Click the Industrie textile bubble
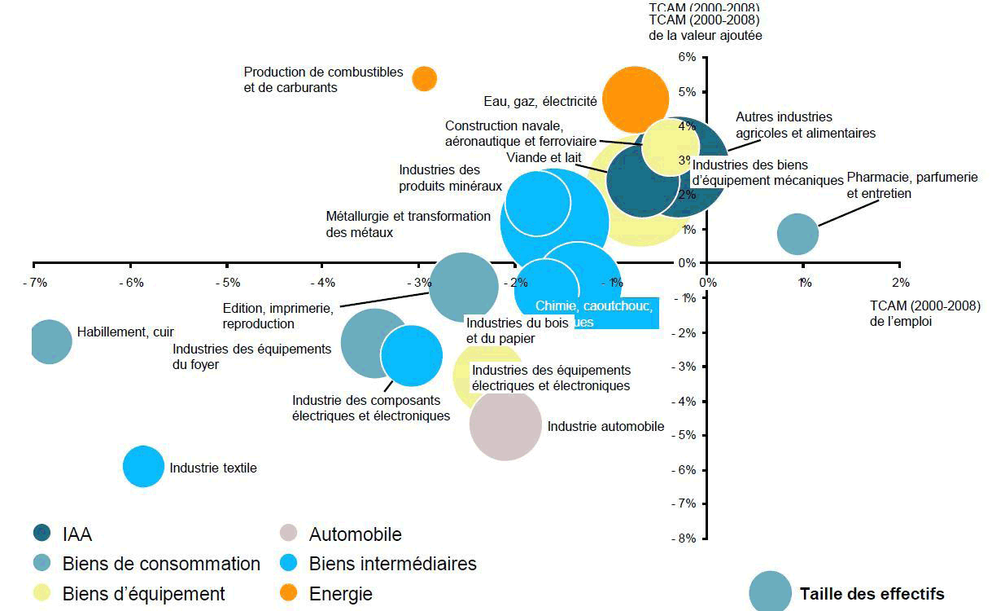tap(143, 467)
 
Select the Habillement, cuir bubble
tap(50, 341)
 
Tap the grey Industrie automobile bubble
tap(505, 424)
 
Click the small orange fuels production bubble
tap(424, 78)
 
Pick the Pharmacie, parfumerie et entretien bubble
tap(798, 234)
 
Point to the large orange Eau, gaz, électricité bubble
tap(635, 99)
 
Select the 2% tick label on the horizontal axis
tap(899, 283)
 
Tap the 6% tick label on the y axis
tap(687, 57)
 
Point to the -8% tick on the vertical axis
tap(685, 538)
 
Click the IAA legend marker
tap(42, 534)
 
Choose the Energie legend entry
tap(340, 594)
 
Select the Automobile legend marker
tap(288, 534)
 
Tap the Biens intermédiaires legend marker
tap(288, 564)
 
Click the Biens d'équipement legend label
tap(144, 594)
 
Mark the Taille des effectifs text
tap(872, 594)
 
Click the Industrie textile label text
tap(213, 468)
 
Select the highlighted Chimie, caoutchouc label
tap(594, 306)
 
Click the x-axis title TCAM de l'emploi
tap(924, 314)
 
